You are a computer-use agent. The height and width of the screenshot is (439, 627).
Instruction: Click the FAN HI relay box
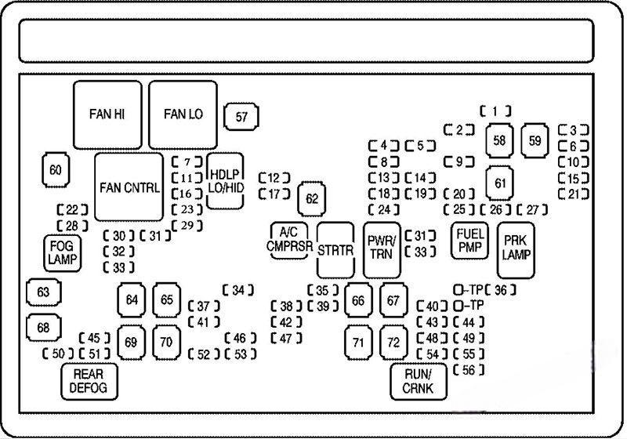coord(107,114)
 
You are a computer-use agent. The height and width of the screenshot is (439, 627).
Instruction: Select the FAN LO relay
coord(183,114)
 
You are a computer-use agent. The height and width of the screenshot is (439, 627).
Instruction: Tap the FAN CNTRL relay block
coord(130,187)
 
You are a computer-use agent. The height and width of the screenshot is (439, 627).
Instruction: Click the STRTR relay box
coord(336,250)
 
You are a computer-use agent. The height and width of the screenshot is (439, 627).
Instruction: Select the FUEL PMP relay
coord(469,240)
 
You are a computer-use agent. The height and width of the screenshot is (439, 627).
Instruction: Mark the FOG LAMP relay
coord(63,252)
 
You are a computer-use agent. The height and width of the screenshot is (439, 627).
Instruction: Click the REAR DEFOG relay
coord(89,380)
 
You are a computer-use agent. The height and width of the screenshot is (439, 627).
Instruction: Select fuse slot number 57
coord(241,118)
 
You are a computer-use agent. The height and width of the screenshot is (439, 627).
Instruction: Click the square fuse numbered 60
coord(54,170)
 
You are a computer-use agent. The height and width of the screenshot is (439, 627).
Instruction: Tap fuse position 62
coord(313,198)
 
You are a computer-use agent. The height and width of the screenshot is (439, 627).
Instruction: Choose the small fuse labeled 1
coord(496,111)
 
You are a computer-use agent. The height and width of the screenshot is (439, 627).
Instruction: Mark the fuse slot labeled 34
coord(238,291)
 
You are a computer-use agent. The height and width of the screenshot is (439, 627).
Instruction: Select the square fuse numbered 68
coord(43,327)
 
